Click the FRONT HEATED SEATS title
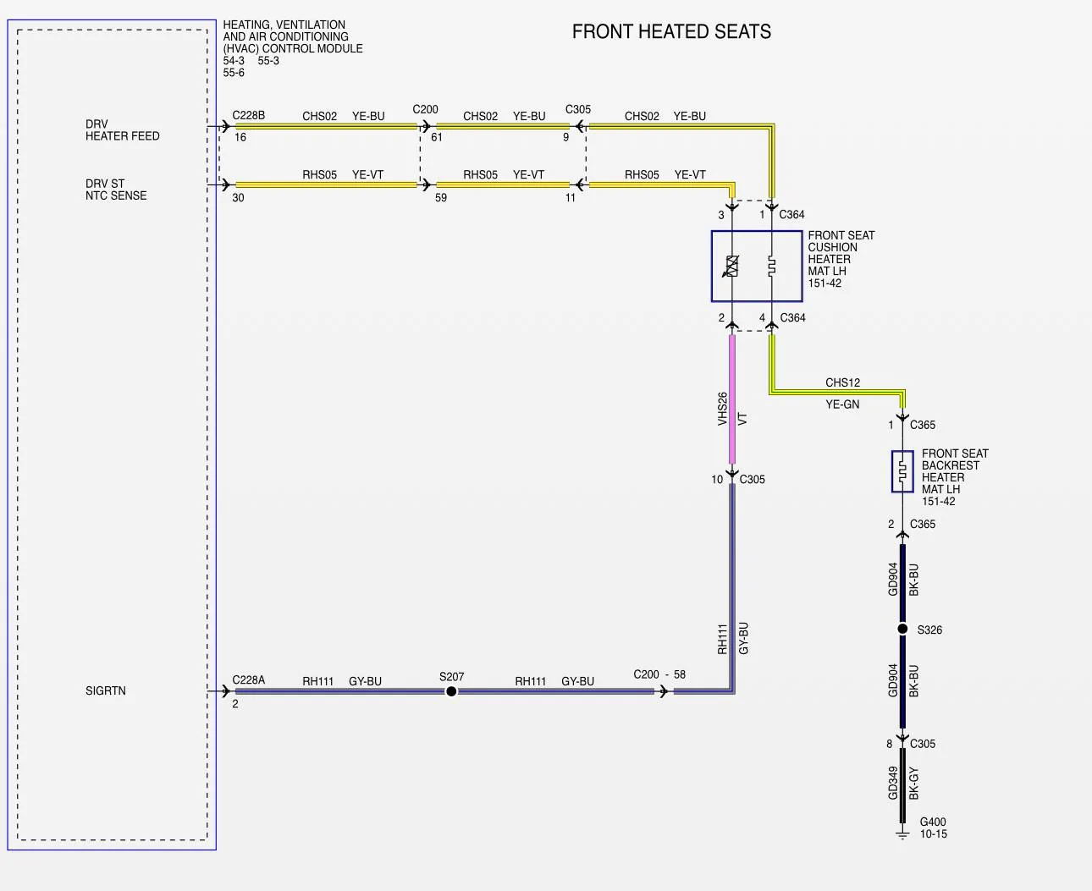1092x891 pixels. [671, 31]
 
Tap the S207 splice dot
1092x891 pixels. [451, 691]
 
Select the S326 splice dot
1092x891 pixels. [902, 629]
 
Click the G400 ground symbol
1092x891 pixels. [902, 834]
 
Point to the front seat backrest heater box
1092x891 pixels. [902, 471]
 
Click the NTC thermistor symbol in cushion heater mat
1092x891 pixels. [731, 266]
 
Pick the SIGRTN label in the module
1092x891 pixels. [106, 690]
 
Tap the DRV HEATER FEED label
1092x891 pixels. [122, 130]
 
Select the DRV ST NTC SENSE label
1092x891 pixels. [116, 190]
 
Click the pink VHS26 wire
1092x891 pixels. [731, 399]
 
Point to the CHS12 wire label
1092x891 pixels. [842, 382]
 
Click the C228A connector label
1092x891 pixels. [249, 679]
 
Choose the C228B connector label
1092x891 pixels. [249, 115]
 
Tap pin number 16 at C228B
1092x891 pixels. [240, 137]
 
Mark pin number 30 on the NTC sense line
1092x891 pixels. [238, 198]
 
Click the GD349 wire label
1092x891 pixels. [893, 783]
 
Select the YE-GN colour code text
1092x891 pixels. [842, 404]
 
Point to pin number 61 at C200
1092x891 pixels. [437, 137]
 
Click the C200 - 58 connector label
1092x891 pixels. [659, 674]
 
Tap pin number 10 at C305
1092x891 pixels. [717, 480]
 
